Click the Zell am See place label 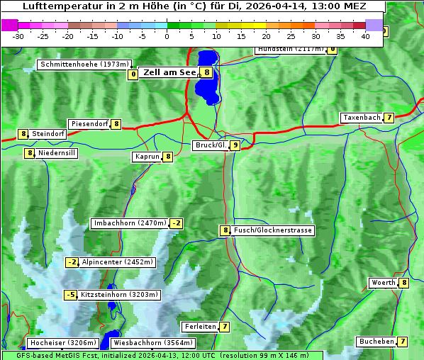169,72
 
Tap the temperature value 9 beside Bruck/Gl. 235,145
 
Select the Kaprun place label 147,157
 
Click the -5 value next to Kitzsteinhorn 70,295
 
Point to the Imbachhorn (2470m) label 130,223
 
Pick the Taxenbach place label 362,118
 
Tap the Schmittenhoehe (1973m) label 84,64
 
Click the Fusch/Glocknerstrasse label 273,230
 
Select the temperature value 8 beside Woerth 403,283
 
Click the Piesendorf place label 89,124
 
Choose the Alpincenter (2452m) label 118,262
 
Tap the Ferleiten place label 199,327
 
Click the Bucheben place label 376,342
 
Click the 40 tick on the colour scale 365,36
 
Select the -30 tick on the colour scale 18,36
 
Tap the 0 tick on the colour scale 167,36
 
